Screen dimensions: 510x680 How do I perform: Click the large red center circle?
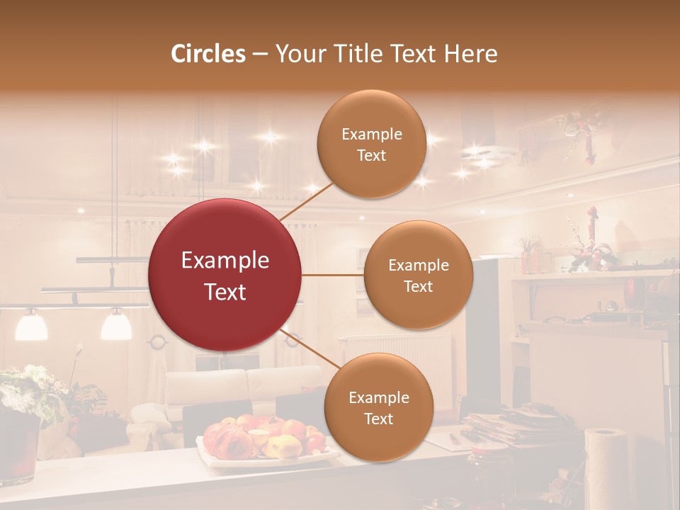pos(225,275)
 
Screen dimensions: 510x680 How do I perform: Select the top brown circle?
pos(371,144)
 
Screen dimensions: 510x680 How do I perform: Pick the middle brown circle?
pos(418,275)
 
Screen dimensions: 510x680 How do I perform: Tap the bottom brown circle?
pos(378,407)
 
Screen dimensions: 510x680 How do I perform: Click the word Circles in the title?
pos(208,54)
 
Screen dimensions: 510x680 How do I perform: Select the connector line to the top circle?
pos(306,201)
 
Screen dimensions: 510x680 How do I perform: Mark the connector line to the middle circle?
pos(333,275)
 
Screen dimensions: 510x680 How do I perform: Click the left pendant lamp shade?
pos(31,325)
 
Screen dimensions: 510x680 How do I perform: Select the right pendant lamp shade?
pos(116,325)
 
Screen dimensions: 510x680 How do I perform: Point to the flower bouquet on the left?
pos(32,390)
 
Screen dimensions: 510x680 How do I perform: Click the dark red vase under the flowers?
pos(18,450)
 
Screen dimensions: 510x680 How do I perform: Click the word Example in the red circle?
pos(225,261)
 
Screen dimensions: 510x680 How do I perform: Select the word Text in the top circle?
pos(371,155)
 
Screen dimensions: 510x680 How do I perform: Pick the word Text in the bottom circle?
pos(378,419)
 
